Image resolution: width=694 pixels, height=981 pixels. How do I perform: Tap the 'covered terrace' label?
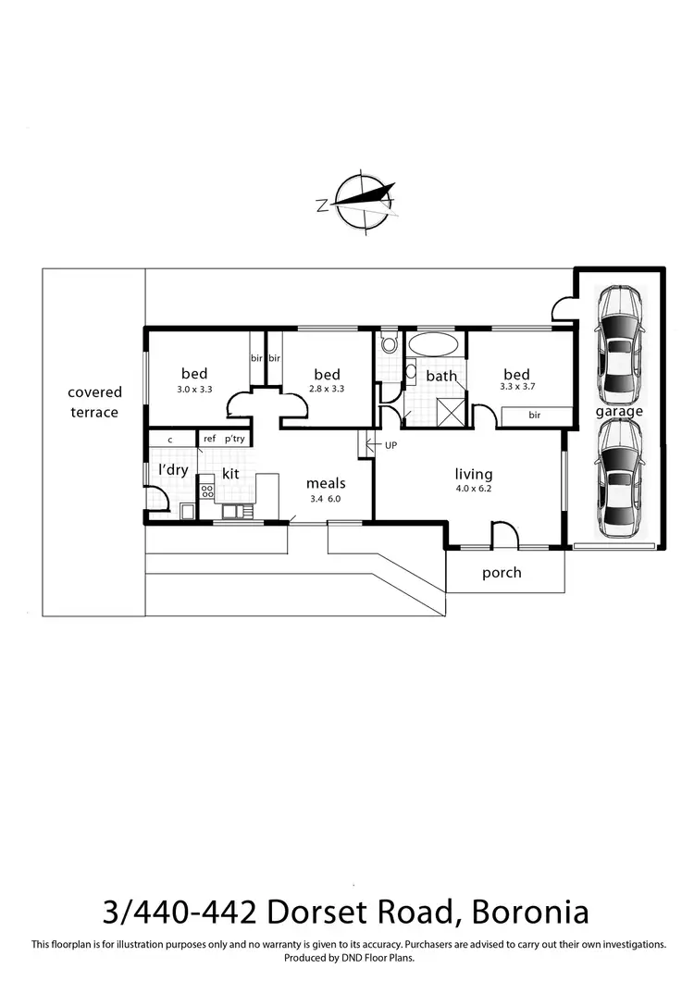(x=94, y=403)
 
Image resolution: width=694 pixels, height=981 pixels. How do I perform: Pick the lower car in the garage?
(x=619, y=479)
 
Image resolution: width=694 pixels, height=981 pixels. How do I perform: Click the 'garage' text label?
(x=619, y=411)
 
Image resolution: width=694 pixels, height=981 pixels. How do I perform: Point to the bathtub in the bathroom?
(x=432, y=346)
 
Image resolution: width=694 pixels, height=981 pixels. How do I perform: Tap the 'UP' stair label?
(x=390, y=445)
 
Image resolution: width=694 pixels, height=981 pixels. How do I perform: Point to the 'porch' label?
(x=502, y=573)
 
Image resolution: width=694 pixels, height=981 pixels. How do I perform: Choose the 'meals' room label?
(x=326, y=482)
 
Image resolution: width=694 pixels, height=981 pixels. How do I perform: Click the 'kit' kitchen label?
(x=231, y=473)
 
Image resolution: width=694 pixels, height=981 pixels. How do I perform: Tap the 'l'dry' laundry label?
(x=173, y=469)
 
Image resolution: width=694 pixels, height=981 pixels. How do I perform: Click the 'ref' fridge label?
(x=209, y=440)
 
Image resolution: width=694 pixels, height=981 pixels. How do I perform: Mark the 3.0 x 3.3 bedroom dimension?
(x=194, y=390)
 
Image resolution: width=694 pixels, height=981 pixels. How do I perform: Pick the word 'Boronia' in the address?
(x=530, y=913)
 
